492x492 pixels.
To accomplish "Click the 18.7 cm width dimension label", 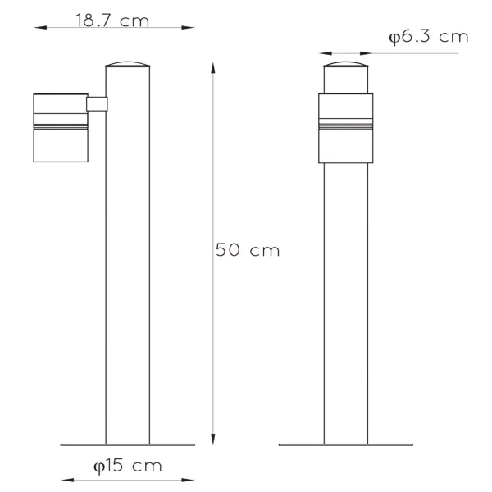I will (113, 20).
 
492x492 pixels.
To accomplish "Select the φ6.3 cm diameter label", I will (428, 37).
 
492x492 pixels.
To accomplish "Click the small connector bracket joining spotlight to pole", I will (97, 103).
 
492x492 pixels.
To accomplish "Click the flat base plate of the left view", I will (128, 445).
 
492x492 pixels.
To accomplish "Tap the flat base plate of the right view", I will (346, 445).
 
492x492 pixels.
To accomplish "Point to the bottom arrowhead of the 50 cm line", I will (213, 440).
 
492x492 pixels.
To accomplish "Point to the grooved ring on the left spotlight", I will (59, 126).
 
